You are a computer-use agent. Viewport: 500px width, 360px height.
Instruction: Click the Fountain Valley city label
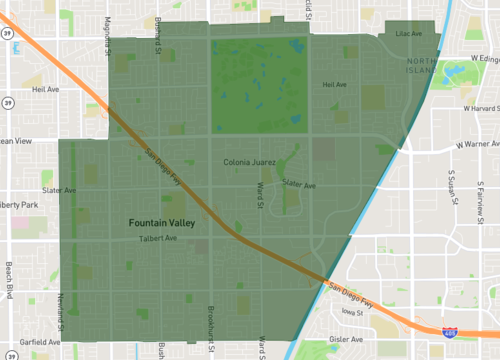click(161, 222)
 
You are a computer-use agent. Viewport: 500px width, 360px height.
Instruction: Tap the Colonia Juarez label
click(248, 161)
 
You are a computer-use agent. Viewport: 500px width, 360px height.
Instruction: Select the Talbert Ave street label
click(157, 239)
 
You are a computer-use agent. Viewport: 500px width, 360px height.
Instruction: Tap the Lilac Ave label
click(409, 34)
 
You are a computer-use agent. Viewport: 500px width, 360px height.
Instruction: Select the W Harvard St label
click(477, 108)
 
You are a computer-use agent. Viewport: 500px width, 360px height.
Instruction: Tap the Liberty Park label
click(19, 205)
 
